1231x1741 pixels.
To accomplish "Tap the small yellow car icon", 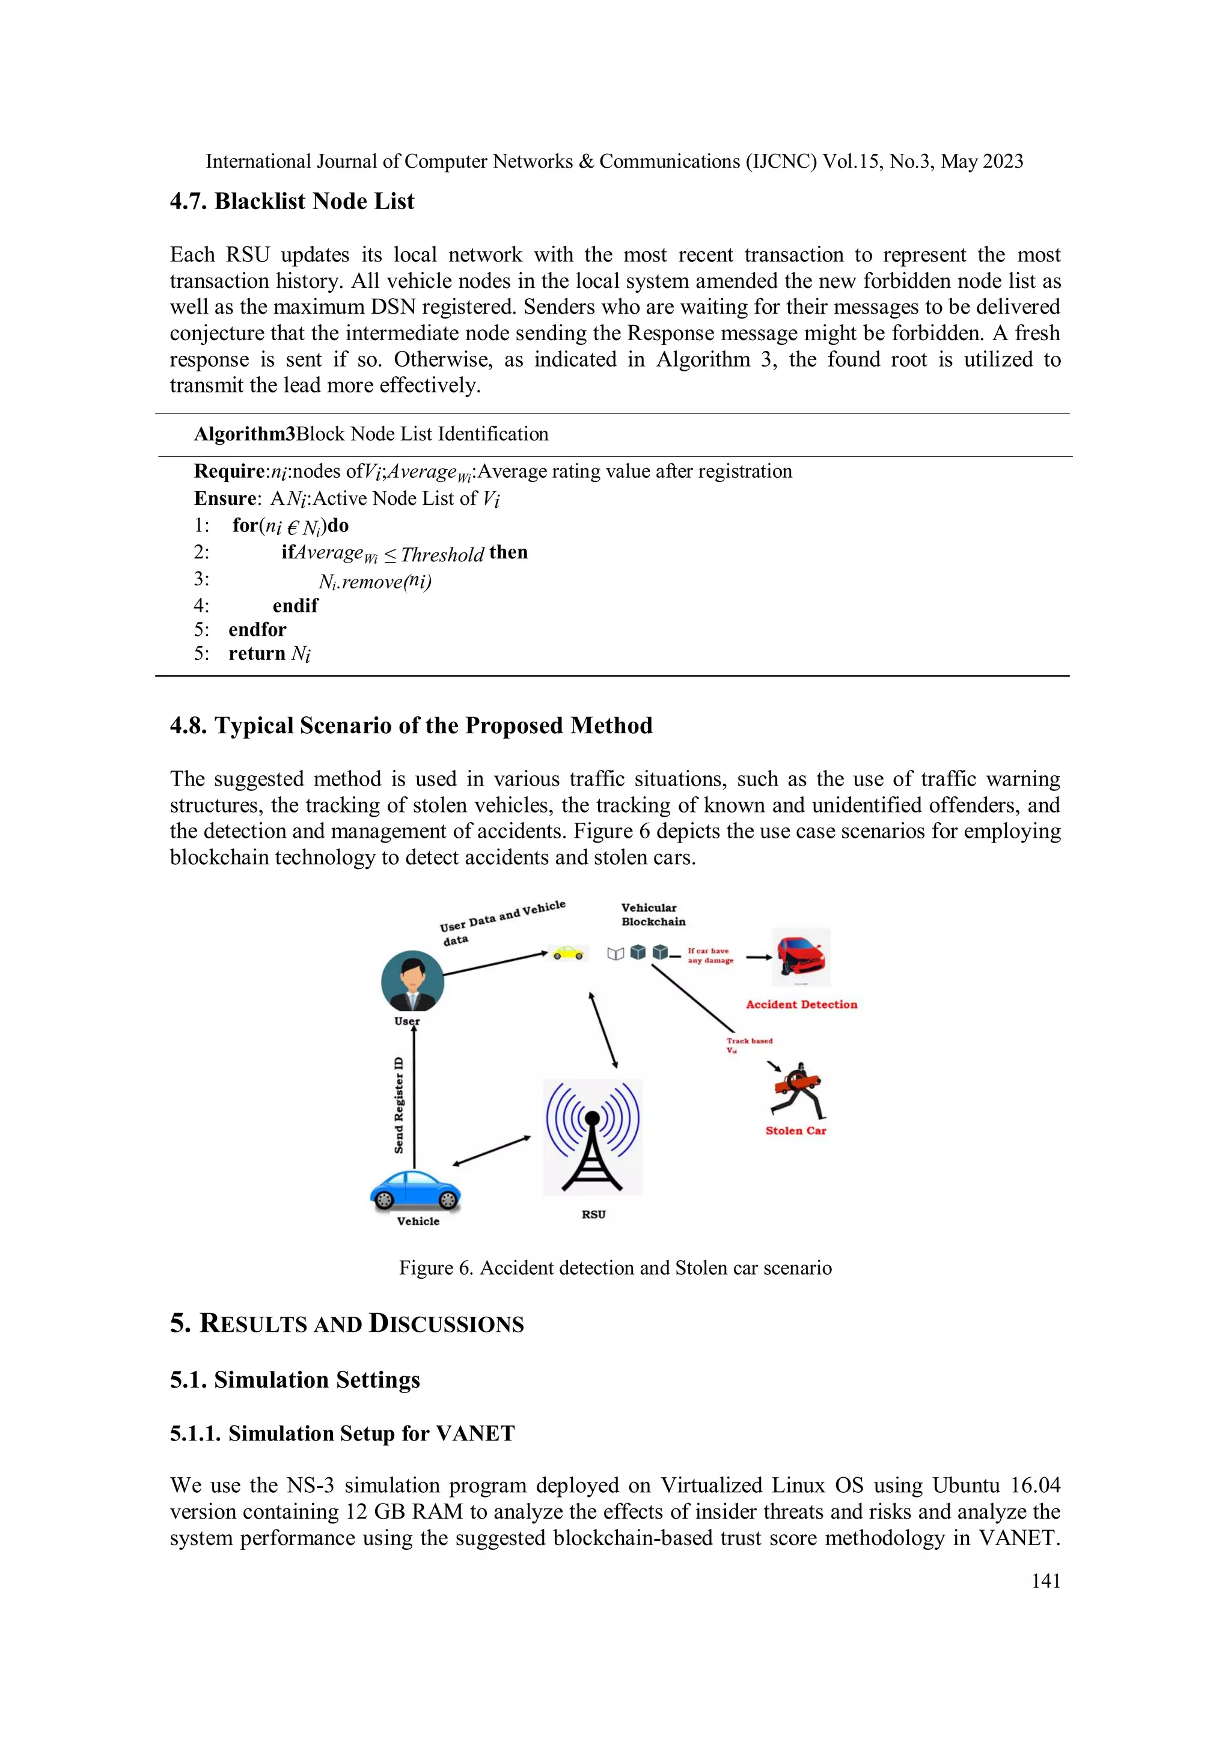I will click(568, 953).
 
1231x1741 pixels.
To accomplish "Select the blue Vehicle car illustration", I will click(415, 1191).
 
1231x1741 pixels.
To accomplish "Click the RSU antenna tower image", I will click(593, 1136).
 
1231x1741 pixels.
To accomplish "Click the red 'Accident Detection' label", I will click(801, 1004).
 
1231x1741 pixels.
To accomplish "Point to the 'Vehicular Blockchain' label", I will click(652, 915).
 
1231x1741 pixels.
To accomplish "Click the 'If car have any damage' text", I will click(710, 956).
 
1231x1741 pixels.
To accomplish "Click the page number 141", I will click(1045, 1581).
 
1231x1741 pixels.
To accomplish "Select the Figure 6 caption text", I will click(615, 1268).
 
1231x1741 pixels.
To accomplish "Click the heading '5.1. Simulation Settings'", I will click(295, 1379).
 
